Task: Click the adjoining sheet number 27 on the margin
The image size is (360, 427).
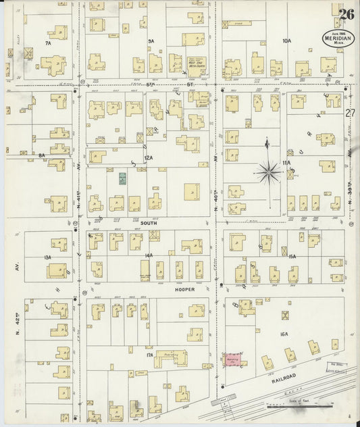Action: (x=349, y=113)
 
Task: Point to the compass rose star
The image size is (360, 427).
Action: (x=269, y=172)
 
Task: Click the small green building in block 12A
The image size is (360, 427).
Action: (x=123, y=178)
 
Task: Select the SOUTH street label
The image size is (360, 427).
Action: (x=149, y=222)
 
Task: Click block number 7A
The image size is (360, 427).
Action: (x=48, y=43)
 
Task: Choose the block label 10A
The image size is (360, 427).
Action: (x=286, y=41)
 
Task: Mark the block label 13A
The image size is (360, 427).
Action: (x=47, y=257)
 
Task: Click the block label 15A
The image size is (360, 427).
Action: (x=292, y=257)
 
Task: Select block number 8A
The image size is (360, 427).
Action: (x=42, y=155)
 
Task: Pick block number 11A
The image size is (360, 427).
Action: (x=286, y=163)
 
